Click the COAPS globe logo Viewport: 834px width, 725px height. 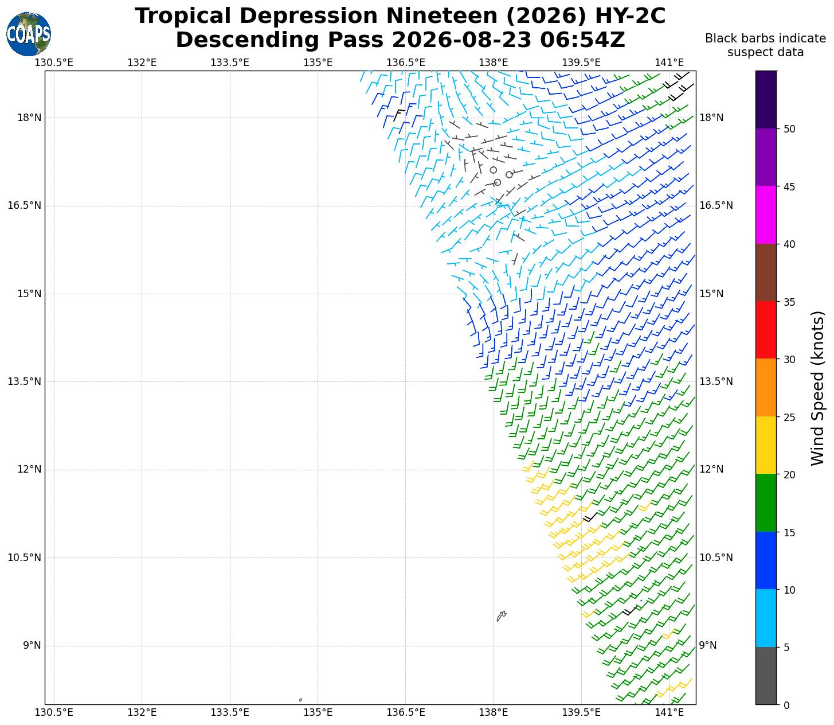tap(29, 34)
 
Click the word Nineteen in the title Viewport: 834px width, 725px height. tap(442, 16)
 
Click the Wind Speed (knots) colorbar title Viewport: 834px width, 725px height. tap(817, 388)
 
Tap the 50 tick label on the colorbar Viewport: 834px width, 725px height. tap(789, 129)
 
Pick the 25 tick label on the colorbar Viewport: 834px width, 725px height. tap(789, 417)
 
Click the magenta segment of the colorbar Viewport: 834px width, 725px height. tap(766, 215)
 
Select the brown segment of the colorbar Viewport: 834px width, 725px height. tap(766, 272)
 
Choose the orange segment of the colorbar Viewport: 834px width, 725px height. tap(766, 387)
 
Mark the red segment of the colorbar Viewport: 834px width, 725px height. tap(766, 330)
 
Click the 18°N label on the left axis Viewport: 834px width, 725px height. tap(29, 118)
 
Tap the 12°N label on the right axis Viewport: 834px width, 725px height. tap(711, 469)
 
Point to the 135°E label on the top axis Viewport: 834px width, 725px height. tap(318, 63)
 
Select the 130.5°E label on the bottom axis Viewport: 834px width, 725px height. tap(54, 712)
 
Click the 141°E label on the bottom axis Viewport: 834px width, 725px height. tap(669, 712)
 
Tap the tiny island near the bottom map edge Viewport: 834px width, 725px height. tap(300, 700)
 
